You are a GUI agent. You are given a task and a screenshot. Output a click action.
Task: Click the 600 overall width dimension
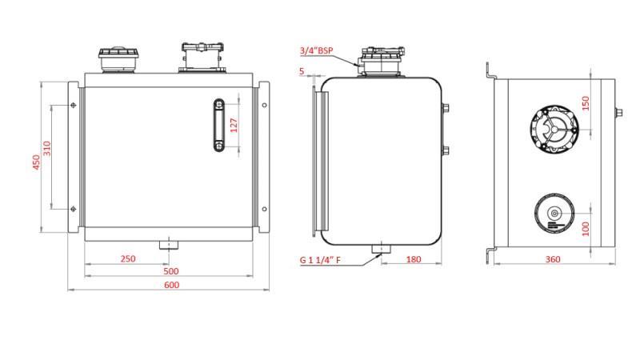[x=171, y=286]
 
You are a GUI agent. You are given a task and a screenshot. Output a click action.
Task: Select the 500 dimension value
[x=171, y=271]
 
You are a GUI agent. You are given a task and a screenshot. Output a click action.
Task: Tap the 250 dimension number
[x=127, y=258]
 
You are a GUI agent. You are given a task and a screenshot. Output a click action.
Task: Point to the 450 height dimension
[x=35, y=162]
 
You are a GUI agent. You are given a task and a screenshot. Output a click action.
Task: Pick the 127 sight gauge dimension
[x=234, y=126]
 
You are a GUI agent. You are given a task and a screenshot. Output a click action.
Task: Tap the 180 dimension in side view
[x=414, y=259]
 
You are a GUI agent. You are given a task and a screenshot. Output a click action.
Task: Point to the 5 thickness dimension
[x=302, y=71]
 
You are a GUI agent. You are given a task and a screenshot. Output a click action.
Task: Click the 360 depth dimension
[x=552, y=259]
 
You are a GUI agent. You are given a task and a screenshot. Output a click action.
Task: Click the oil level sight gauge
[x=218, y=126]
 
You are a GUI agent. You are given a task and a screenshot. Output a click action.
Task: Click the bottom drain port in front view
[x=167, y=244]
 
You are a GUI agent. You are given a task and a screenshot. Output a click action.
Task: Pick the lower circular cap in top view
[x=554, y=214]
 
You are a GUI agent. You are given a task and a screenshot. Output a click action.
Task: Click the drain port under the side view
[x=381, y=250]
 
